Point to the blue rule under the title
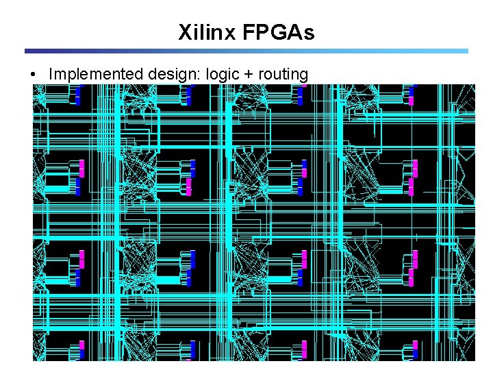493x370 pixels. [246, 51]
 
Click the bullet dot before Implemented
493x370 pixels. [33, 74]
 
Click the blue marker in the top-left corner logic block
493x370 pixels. [78, 95]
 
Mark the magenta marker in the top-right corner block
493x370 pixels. [412, 100]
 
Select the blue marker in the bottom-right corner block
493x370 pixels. [415, 354]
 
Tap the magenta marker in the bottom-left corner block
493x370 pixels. [81, 345]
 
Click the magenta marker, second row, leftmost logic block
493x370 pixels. [81, 167]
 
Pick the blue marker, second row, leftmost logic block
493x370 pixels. [78, 189]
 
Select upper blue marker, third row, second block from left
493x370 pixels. [193, 259]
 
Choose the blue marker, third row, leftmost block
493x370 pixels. [78, 280]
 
